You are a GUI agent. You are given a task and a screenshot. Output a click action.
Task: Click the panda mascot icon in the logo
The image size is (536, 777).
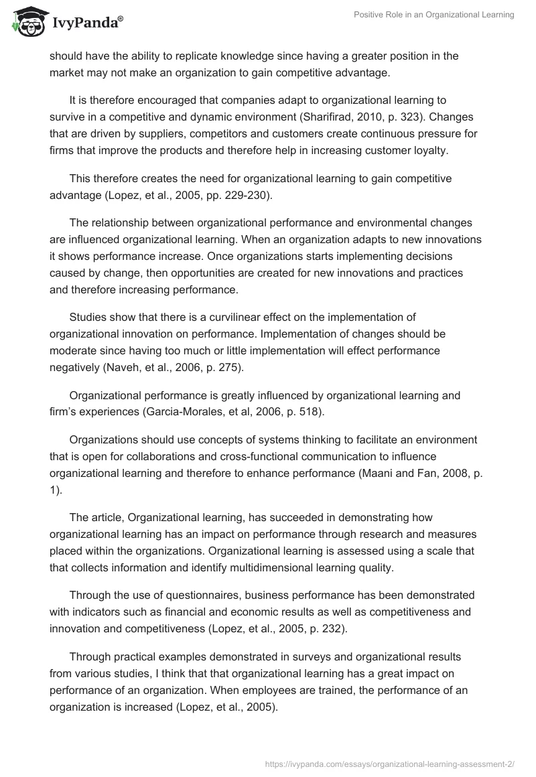coord(25,21)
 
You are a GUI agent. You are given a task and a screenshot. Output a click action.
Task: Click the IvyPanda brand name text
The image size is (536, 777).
coord(86,23)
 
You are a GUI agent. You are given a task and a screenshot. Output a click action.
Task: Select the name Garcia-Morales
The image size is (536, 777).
coord(182,412)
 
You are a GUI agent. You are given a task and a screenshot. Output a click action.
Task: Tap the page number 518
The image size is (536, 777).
coord(310,412)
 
